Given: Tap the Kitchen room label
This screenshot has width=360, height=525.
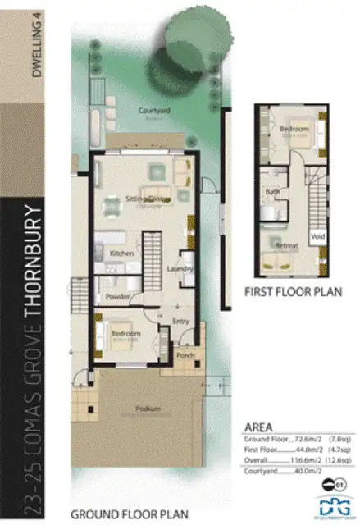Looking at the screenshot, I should pyautogui.click(x=121, y=254).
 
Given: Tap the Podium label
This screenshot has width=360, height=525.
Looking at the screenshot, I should pyautogui.click(x=148, y=409).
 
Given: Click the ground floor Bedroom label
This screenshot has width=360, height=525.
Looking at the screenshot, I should pyautogui.click(x=125, y=334).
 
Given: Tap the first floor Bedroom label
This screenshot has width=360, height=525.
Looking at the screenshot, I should pyautogui.click(x=293, y=130).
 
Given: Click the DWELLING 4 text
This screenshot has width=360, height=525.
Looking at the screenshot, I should pyautogui.click(x=36, y=50).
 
